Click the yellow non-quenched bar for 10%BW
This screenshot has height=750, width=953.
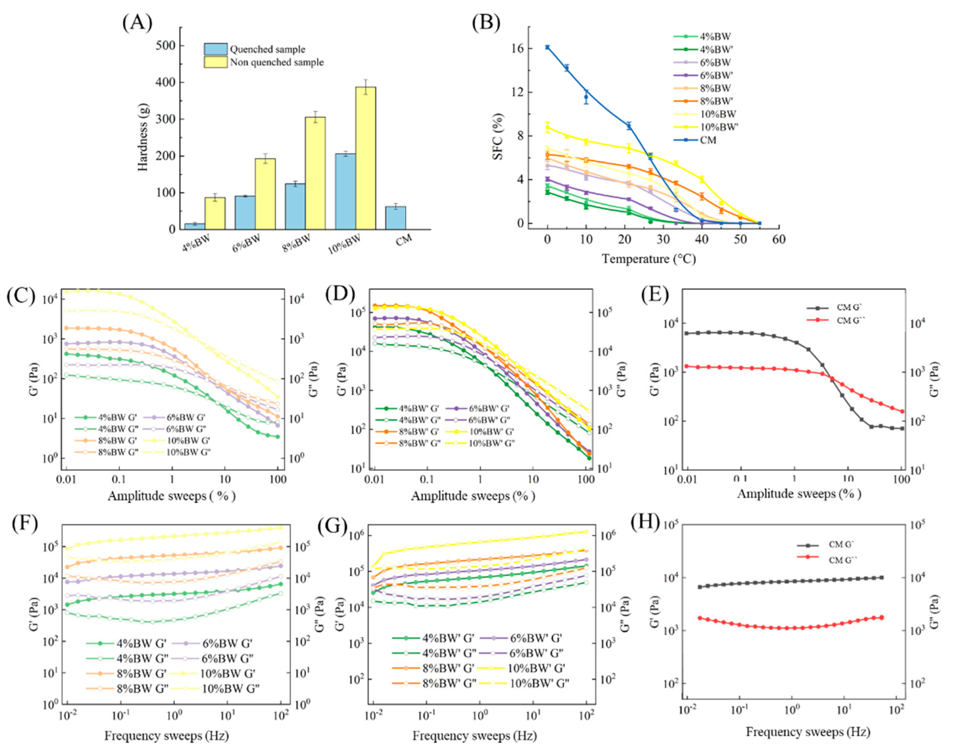point(365,158)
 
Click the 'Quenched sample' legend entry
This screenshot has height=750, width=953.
point(267,49)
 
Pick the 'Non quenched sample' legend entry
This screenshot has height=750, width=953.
point(277,62)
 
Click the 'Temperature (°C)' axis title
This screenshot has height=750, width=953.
point(649,259)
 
